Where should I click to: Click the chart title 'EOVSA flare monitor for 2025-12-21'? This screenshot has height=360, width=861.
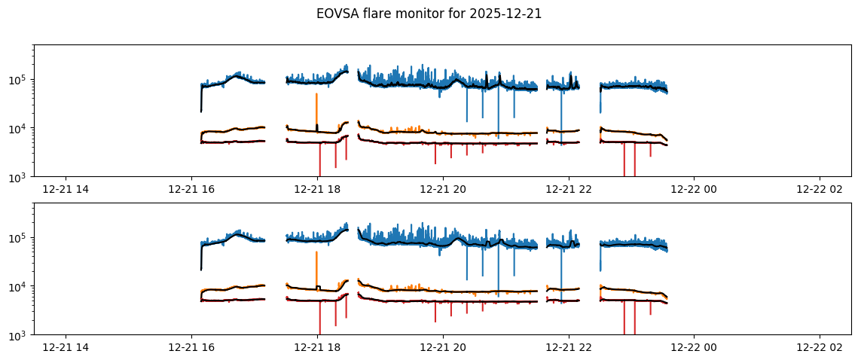pyautogui.click(x=429, y=14)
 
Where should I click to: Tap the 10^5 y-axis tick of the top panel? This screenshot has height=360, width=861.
pyautogui.click(x=20, y=80)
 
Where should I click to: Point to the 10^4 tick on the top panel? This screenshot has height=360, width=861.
pyautogui.click(x=20, y=129)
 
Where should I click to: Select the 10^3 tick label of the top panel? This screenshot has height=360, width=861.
pyautogui.click(x=20, y=177)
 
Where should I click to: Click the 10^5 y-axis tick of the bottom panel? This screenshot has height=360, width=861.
pyautogui.click(x=20, y=238)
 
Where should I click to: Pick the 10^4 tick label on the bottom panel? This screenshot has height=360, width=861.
pyautogui.click(x=20, y=287)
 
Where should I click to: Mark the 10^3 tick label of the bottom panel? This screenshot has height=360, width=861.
pyautogui.click(x=20, y=335)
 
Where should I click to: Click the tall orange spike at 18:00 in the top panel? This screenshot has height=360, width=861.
pyautogui.click(x=316, y=105)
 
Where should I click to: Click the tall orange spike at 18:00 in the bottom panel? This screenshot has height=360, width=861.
pyautogui.click(x=316, y=264)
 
